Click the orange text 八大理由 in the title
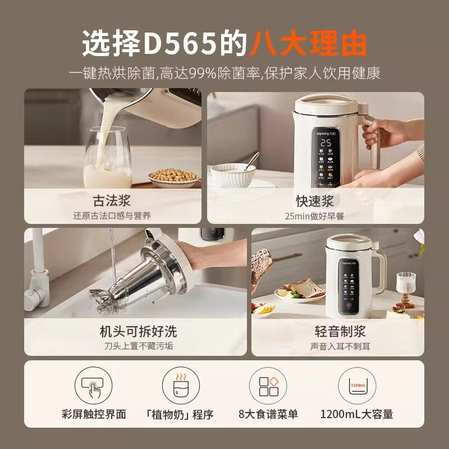tap(308, 43)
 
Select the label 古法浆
tap(112, 201)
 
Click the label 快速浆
tap(315, 201)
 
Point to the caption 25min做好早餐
tap(315, 216)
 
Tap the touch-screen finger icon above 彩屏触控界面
tap(93, 386)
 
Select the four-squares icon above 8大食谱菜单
tap(268, 386)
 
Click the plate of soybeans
tap(174, 176)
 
